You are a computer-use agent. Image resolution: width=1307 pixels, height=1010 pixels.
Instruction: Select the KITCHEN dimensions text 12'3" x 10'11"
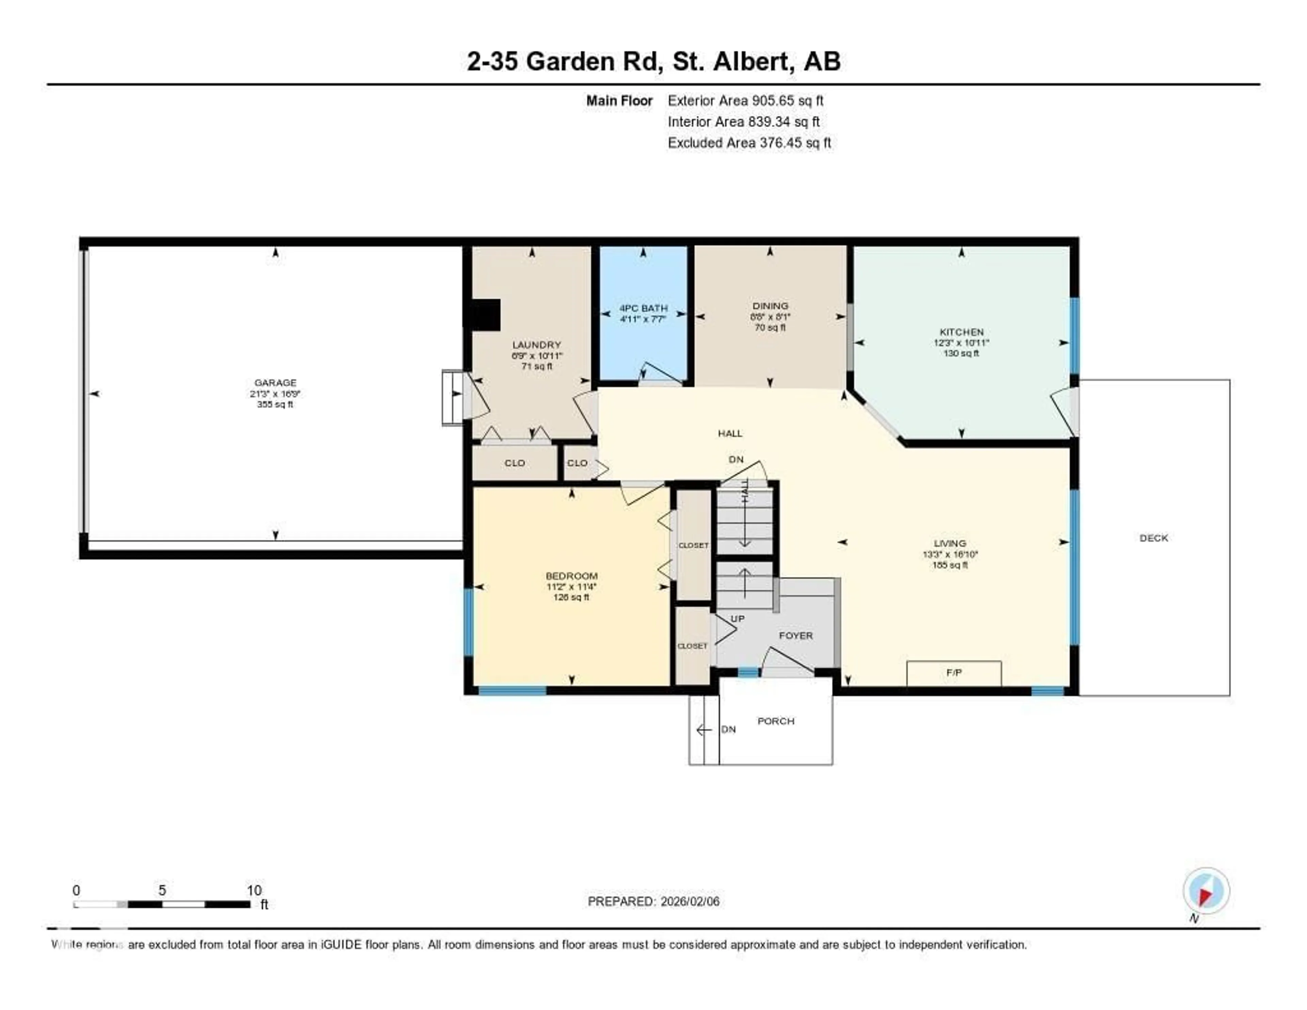961,343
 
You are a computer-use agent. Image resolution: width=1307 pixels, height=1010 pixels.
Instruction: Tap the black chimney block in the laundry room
485,315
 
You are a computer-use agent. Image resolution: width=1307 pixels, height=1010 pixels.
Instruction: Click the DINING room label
770,306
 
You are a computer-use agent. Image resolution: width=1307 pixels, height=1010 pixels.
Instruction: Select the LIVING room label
950,543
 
